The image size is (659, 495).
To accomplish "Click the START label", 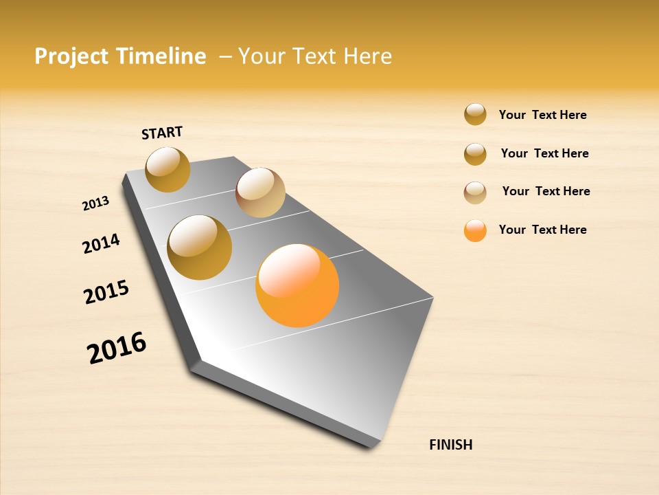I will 162,133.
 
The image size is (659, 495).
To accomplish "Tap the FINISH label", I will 451,445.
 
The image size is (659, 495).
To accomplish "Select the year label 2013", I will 95,203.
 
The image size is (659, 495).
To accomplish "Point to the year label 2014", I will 101,243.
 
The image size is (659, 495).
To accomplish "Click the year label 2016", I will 117,348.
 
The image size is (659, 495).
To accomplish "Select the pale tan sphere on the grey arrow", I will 260,192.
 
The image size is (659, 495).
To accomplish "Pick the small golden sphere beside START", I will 167,169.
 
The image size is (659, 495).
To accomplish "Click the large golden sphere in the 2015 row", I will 200,247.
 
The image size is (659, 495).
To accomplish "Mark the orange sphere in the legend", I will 475,230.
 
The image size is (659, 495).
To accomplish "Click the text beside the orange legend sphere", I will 542,230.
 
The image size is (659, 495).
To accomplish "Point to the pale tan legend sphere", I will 475,192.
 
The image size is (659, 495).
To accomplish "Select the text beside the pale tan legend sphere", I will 546,191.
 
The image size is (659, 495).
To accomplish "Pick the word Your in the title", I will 262,56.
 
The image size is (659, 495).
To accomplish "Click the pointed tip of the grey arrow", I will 374,445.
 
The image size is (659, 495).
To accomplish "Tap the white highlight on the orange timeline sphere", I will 288,269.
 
